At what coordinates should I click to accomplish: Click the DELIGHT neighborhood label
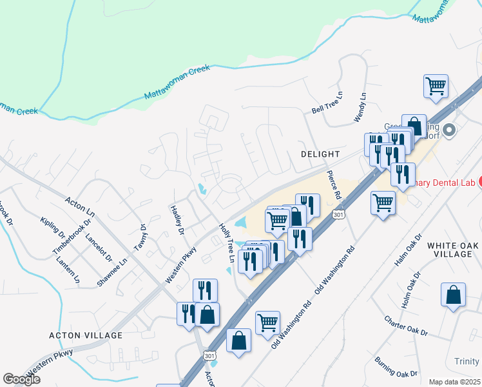click(x=320, y=154)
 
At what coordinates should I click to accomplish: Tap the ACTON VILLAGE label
click(x=86, y=335)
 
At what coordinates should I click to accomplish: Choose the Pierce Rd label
click(x=334, y=184)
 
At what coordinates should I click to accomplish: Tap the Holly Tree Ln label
click(x=227, y=243)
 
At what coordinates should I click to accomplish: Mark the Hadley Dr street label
click(x=177, y=220)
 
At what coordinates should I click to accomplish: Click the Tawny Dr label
click(x=140, y=237)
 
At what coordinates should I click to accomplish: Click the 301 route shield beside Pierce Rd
click(x=339, y=213)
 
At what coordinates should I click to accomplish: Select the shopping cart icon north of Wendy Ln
click(x=436, y=86)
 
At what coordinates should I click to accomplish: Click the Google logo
click(x=22, y=379)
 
